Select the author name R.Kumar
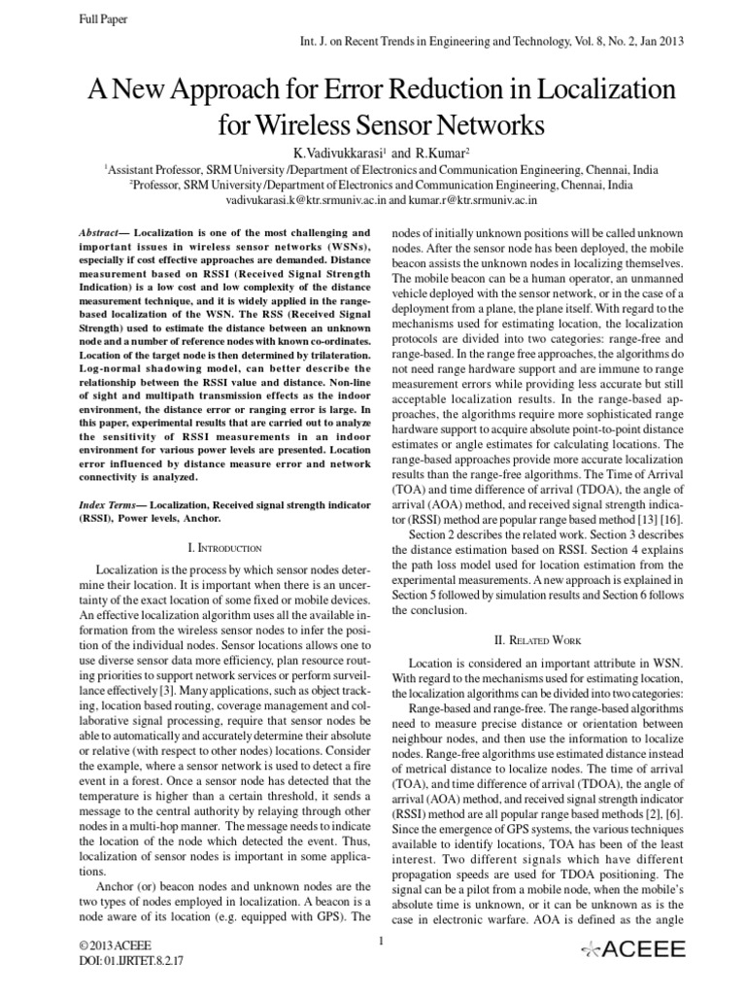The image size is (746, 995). [x=442, y=153]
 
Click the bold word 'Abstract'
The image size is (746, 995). [x=102, y=234]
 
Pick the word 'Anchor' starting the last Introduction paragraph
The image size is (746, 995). [x=116, y=886]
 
